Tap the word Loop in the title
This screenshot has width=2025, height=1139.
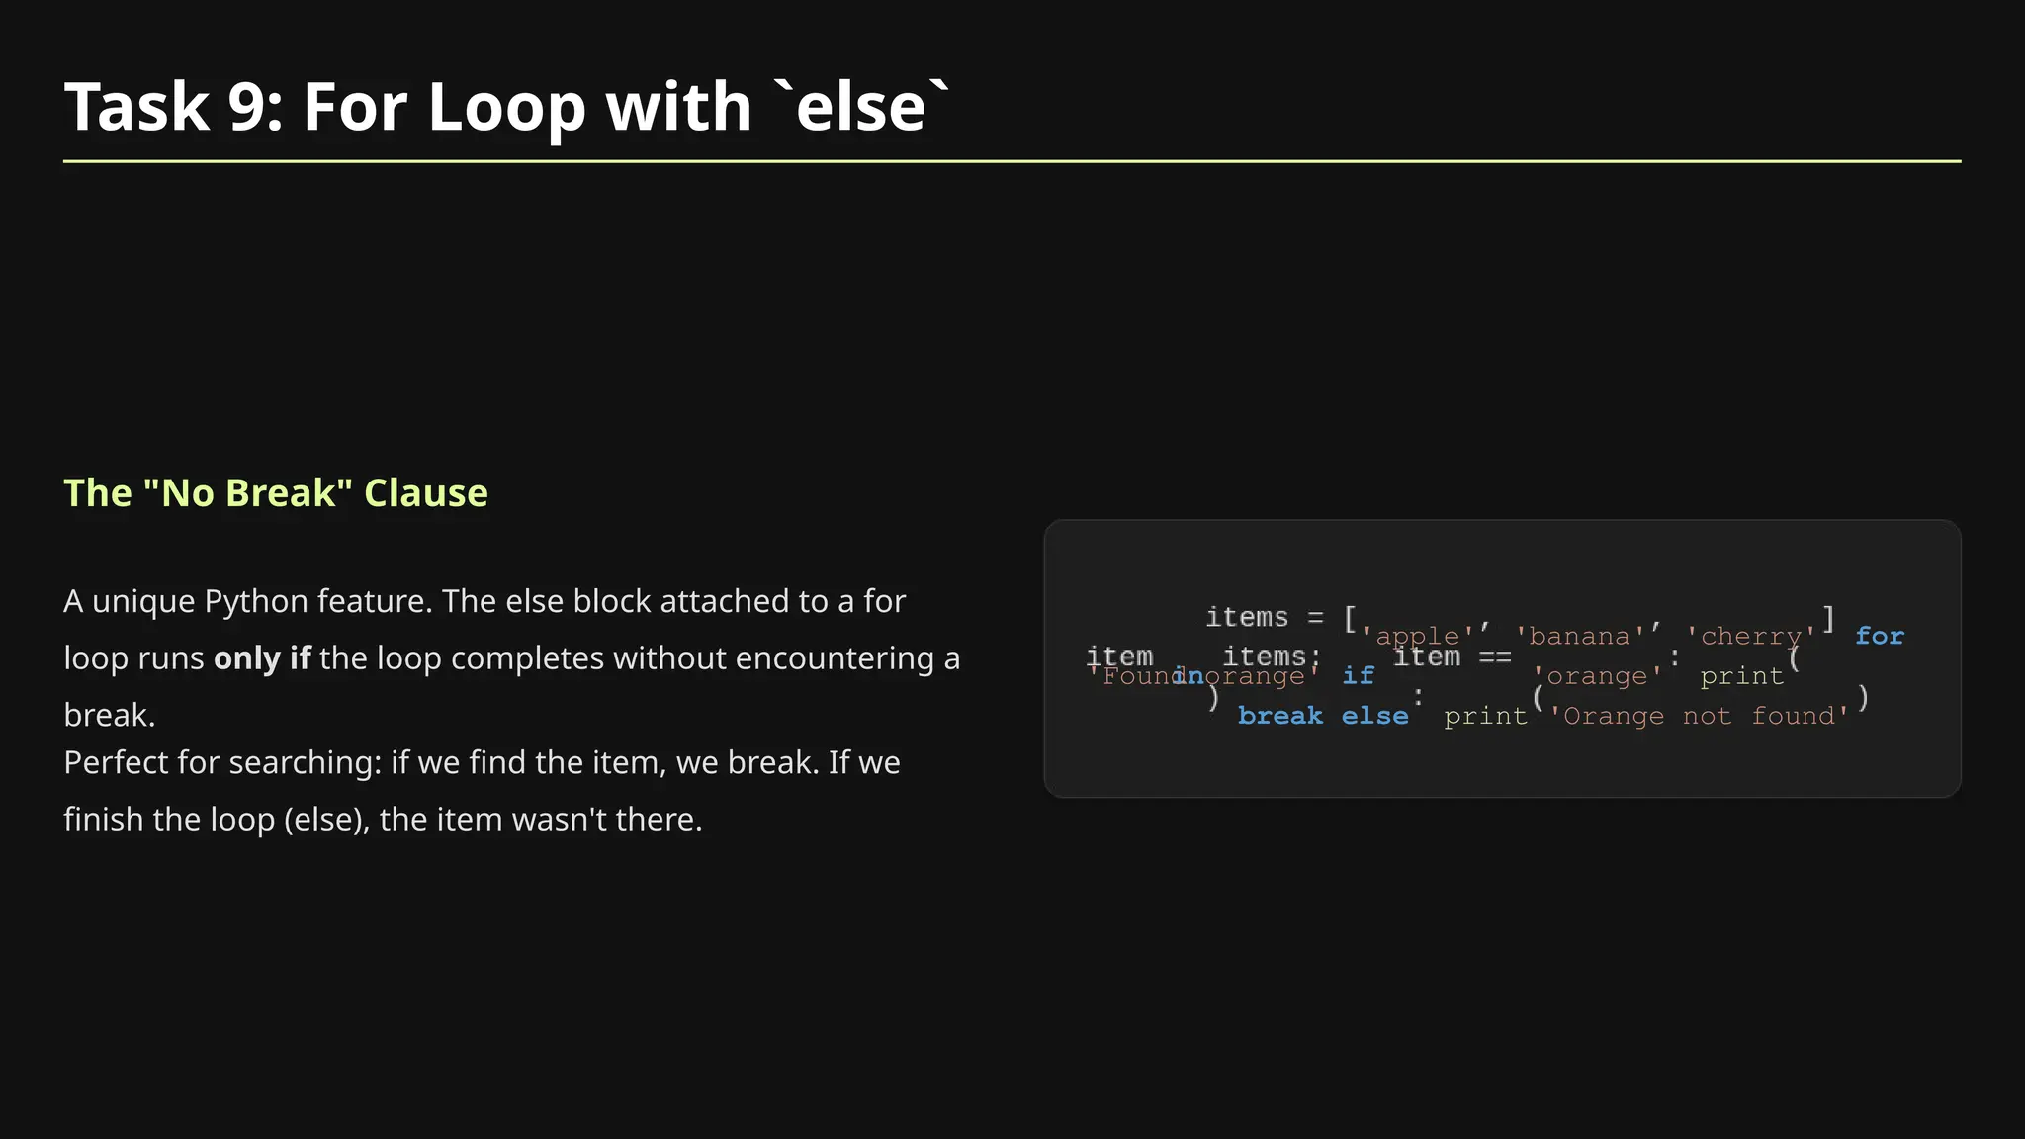point(506,107)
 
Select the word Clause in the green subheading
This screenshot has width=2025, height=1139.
point(426,493)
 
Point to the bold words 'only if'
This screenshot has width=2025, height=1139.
point(262,658)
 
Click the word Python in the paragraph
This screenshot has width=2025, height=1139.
point(256,601)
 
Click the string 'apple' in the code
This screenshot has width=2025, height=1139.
point(1417,637)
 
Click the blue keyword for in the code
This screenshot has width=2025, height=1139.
point(1879,636)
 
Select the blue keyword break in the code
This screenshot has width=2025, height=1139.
point(1279,716)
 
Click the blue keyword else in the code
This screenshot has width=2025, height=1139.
point(1374,716)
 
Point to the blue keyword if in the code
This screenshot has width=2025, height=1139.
point(1358,676)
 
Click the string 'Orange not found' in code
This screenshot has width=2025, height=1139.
point(1699,716)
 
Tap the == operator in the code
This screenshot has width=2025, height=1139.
point(1494,657)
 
